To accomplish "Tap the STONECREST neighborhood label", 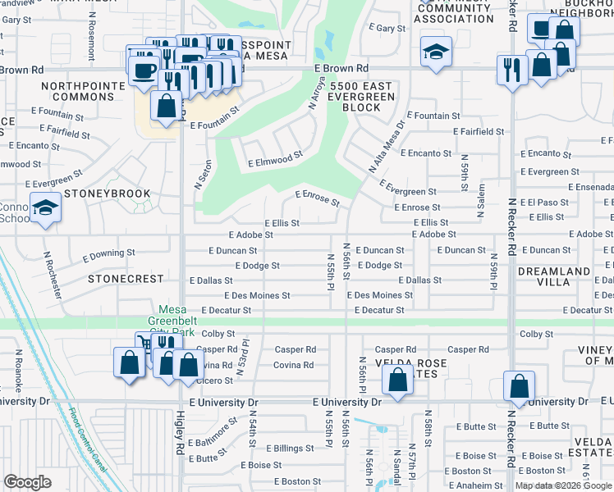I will coord(126,279).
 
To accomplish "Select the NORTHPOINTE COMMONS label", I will coord(77,91).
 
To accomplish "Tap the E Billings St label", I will coord(282,449).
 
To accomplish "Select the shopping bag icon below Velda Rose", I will coord(396,380).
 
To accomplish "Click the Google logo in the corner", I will coord(27,482).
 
